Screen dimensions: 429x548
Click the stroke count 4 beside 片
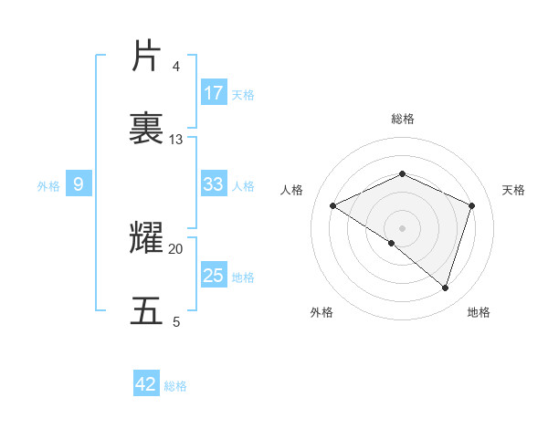click(x=176, y=67)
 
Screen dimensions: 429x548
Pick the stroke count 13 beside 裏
click(x=176, y=140)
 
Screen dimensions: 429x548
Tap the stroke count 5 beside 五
click(x=176, y=322)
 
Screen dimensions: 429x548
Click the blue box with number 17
click(x=214, y=93)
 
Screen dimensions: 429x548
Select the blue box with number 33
click(x=214, y=184)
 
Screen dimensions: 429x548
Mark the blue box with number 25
click(x=214, y=276)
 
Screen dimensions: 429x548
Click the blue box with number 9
click(x=79, y=184)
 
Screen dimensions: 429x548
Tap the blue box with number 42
click(x=146, y=384)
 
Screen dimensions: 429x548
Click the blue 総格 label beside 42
click(x=176, y=386)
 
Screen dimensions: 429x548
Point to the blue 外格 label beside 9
click(x=48, y=186)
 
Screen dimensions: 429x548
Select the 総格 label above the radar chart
click(x=402, y=119)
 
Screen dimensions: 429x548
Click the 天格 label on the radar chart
click(x=514, y=190)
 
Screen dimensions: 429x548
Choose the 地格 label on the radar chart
click(x=479, y=312)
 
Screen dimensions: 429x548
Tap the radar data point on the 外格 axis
click(x=392, y=243)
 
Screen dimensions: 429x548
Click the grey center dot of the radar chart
click(x=402, y=227)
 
